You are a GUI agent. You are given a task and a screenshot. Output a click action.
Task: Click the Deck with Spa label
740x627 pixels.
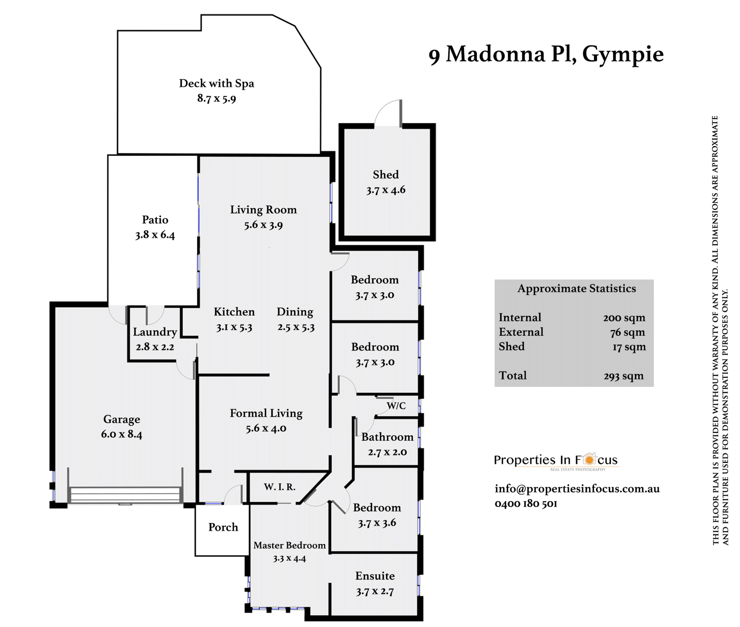217,83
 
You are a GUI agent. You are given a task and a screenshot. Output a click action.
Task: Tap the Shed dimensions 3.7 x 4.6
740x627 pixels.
386,190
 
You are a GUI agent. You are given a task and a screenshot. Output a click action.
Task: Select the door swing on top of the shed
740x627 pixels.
388,113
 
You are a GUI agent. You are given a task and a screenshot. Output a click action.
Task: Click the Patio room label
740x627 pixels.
155,220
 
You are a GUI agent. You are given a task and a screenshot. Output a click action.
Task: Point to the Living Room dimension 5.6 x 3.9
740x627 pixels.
263,225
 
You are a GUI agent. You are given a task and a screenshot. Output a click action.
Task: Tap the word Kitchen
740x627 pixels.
234,312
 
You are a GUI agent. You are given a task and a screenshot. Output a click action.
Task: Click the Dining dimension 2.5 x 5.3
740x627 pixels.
296,327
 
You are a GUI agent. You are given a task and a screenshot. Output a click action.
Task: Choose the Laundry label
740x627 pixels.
155,332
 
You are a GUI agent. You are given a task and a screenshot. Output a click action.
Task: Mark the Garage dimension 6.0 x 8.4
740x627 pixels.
121,434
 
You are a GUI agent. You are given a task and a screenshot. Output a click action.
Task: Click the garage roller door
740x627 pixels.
125,495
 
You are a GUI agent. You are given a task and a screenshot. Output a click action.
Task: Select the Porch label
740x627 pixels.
223,527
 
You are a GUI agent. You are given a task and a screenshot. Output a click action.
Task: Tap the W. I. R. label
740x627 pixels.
280,487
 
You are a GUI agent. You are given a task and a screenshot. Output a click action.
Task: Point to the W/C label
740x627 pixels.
396,406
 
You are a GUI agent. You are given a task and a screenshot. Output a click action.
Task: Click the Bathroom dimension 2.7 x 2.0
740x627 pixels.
387,452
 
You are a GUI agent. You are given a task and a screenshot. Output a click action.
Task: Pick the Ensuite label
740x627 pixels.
375,576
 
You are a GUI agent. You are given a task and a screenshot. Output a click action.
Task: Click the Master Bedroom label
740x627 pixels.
289,545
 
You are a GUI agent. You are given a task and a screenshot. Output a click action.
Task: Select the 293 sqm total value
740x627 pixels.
624,376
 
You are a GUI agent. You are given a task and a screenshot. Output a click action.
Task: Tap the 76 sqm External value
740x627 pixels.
627,332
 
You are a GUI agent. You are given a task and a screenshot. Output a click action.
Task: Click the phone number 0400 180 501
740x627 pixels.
526,504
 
